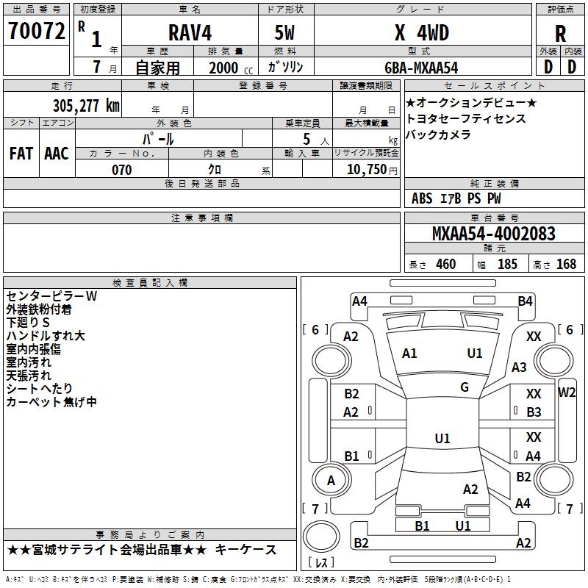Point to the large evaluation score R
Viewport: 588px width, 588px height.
click(560, 34)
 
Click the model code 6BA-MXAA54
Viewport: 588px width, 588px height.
click(421, 68)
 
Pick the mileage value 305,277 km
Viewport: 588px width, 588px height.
click(85, 105)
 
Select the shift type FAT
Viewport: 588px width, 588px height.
click(21, 154)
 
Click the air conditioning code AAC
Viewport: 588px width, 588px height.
click(57, 154)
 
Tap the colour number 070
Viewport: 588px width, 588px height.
click(121, 170)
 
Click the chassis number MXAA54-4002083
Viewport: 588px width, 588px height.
click(494, 234)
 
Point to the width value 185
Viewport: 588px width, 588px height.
click(507, 264)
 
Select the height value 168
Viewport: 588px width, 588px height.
click(566, 264)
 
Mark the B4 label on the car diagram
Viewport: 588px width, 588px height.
click(525, 301)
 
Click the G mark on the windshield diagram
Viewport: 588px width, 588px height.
click(465, 387)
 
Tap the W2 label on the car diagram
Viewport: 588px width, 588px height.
click(567, 392)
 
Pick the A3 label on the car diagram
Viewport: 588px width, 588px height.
click(520, 367)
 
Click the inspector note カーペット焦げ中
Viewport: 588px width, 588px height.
click(51, 402)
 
